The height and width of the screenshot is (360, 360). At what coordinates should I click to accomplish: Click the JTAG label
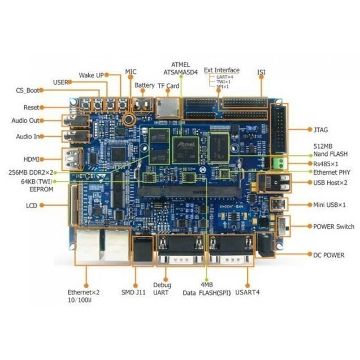point(323,129)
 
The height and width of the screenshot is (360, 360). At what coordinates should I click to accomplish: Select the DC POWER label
point(328,255)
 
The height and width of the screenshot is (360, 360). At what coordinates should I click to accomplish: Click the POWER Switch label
point(334,227)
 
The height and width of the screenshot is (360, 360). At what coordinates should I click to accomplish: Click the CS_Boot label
point(27,90)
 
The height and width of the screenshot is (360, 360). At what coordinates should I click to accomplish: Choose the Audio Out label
point(25,120)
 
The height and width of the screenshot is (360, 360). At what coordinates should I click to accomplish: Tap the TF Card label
point(168,86)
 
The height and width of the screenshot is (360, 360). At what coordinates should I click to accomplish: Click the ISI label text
point(261,72)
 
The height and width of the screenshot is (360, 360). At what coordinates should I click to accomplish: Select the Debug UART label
point(161,289)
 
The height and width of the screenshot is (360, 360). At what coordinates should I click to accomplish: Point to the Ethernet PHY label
point(332,172)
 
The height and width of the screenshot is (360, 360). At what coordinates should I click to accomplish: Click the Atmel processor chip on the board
point(186,149)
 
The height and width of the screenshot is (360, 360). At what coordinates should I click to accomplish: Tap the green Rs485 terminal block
point(279,163)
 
